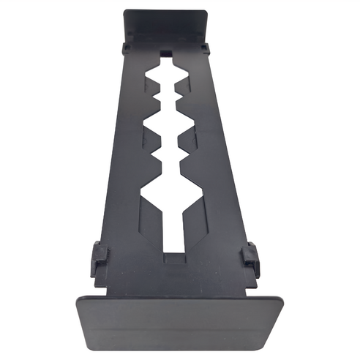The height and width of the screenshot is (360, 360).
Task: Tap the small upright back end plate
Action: pos(166,26)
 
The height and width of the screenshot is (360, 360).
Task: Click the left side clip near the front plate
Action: pos(99,257)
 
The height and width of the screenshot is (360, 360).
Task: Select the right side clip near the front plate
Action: pos(251,257)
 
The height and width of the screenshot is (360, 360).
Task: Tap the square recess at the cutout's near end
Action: pos(173,258)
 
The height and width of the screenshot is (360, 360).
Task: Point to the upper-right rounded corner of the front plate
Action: pos(281,299)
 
